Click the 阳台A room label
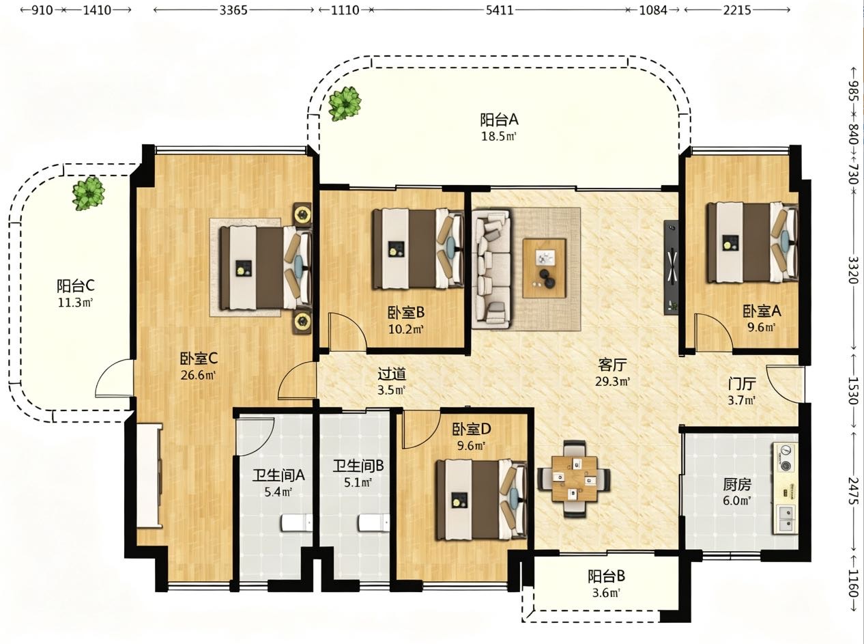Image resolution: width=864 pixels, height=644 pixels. [499, 120]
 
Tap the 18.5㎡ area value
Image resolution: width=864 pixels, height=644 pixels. [499, 137]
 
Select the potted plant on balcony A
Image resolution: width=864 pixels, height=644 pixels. [345, 103]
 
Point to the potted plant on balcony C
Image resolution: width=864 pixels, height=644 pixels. [89, 193]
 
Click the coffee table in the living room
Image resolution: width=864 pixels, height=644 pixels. [544, 268]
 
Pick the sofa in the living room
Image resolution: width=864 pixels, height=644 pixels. [491, 269]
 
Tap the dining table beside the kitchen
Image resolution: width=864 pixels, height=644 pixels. [574, 479]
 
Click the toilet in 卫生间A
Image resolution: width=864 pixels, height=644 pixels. [297, 522]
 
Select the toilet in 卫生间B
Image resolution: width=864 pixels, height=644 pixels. [374, 522]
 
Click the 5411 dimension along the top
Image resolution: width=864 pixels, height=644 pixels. [500, 10]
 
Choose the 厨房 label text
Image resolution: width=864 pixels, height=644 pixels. [736, 485]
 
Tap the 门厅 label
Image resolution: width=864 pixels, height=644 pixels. [742, 384]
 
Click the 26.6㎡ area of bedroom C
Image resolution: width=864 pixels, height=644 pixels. [199, 376]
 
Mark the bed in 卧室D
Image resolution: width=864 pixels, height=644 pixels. [481, 500]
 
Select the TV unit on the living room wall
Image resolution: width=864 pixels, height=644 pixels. [671, 268]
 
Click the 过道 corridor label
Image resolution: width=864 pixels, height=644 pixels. [392, 374]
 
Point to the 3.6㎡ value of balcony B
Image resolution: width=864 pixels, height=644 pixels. [606, 593]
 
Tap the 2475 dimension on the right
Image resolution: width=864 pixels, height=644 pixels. [853, 490]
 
